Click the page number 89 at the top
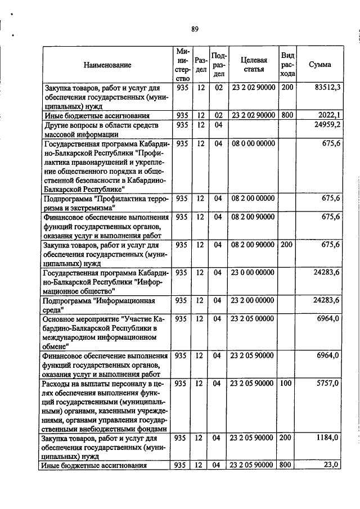click(x=194, y=29)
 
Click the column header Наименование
click(x=107, y=65)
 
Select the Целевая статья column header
click(x=253, y=65)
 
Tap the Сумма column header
click(x=320, y=65)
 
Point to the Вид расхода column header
click(x=287, y=65)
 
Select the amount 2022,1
click(x=330, y=115)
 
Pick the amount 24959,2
click(x=328, y=125)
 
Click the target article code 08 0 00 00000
click(x=253, y=143)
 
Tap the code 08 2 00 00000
click(x=253, y=199)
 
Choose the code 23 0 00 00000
click(x=253, y=272)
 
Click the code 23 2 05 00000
click(x=253, y=318)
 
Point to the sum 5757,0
click(x=330, y=383)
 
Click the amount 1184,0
click(x=330, y=438)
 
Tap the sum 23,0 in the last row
click(x=332, y=465)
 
